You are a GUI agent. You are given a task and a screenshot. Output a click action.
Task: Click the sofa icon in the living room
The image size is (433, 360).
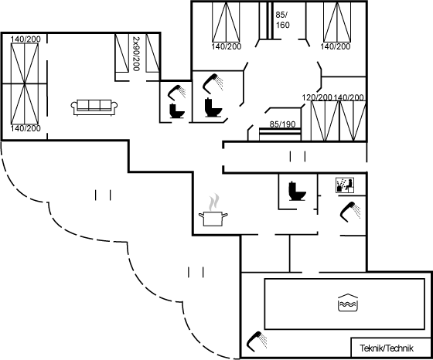[94, 107]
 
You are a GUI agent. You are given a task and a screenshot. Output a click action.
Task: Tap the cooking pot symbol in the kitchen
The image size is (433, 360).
[213, 219]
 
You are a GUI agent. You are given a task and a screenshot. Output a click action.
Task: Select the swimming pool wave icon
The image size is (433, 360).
[348, 303]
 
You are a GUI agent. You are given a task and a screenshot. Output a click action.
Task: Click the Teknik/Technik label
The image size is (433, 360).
[387, 348]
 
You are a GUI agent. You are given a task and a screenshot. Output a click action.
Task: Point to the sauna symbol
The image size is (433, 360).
[345, 185]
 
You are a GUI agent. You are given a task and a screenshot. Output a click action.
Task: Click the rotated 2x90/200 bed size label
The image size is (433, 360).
[136, 53]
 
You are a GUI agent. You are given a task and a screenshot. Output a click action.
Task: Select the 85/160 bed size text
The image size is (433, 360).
[282, 20]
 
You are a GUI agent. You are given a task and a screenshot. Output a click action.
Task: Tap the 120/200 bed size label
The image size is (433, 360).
[317, 97]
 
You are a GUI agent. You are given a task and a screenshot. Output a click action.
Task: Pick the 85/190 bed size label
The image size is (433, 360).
[282, 124]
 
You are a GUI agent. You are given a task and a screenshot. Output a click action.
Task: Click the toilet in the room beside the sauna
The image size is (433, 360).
[297, 191]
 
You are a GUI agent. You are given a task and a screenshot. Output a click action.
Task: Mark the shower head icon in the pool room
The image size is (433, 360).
[257, 341]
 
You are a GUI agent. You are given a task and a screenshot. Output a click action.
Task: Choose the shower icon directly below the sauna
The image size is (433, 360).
[350, 212]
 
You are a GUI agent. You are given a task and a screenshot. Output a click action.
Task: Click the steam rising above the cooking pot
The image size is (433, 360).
[213, 202]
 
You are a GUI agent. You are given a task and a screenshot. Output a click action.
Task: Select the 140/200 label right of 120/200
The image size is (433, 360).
[349, 97]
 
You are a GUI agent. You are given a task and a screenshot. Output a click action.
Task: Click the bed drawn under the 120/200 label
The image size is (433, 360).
[325, 121]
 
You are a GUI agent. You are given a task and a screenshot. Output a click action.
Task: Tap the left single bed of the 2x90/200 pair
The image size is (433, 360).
[122, 53]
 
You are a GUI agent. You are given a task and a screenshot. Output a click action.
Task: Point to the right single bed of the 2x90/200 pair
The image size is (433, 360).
[153, 53]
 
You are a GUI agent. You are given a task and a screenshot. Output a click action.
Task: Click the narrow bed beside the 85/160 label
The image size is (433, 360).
[266, 20]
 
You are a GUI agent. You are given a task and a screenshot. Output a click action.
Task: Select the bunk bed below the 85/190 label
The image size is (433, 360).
[280, 134]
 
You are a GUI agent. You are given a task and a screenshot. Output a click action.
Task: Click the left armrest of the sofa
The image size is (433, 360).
[73, 107]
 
